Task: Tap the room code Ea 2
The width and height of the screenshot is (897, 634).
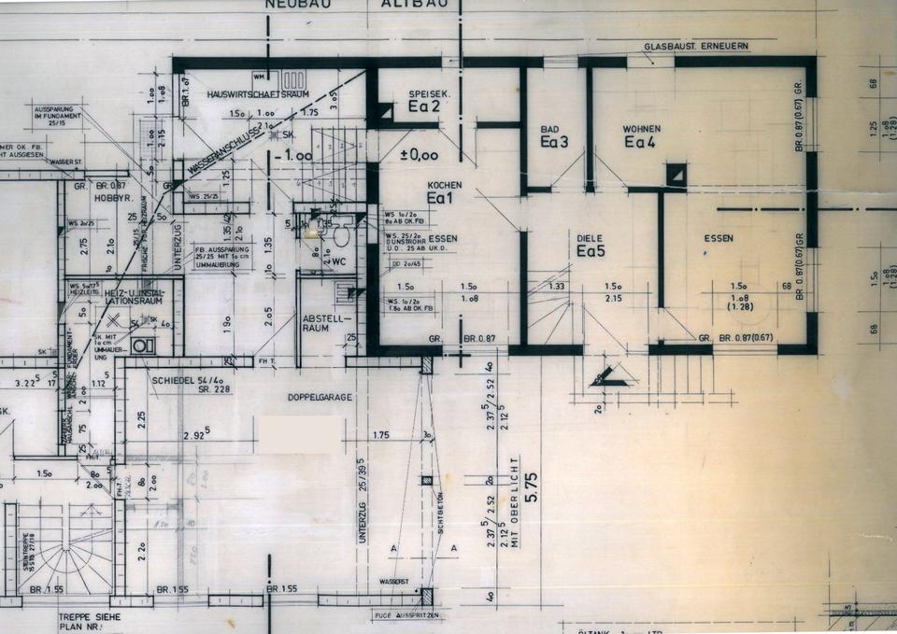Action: coord(423,107)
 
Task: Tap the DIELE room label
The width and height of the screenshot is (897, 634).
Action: coord(590,237)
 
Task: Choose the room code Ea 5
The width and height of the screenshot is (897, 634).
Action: coord(591,251)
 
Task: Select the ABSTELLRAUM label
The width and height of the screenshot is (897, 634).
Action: coord(323,324)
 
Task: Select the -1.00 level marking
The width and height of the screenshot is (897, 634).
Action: coord(299,156)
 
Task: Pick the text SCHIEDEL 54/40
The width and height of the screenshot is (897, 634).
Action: coord(186,380)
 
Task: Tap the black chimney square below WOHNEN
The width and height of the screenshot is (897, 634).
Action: coord(676,174)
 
